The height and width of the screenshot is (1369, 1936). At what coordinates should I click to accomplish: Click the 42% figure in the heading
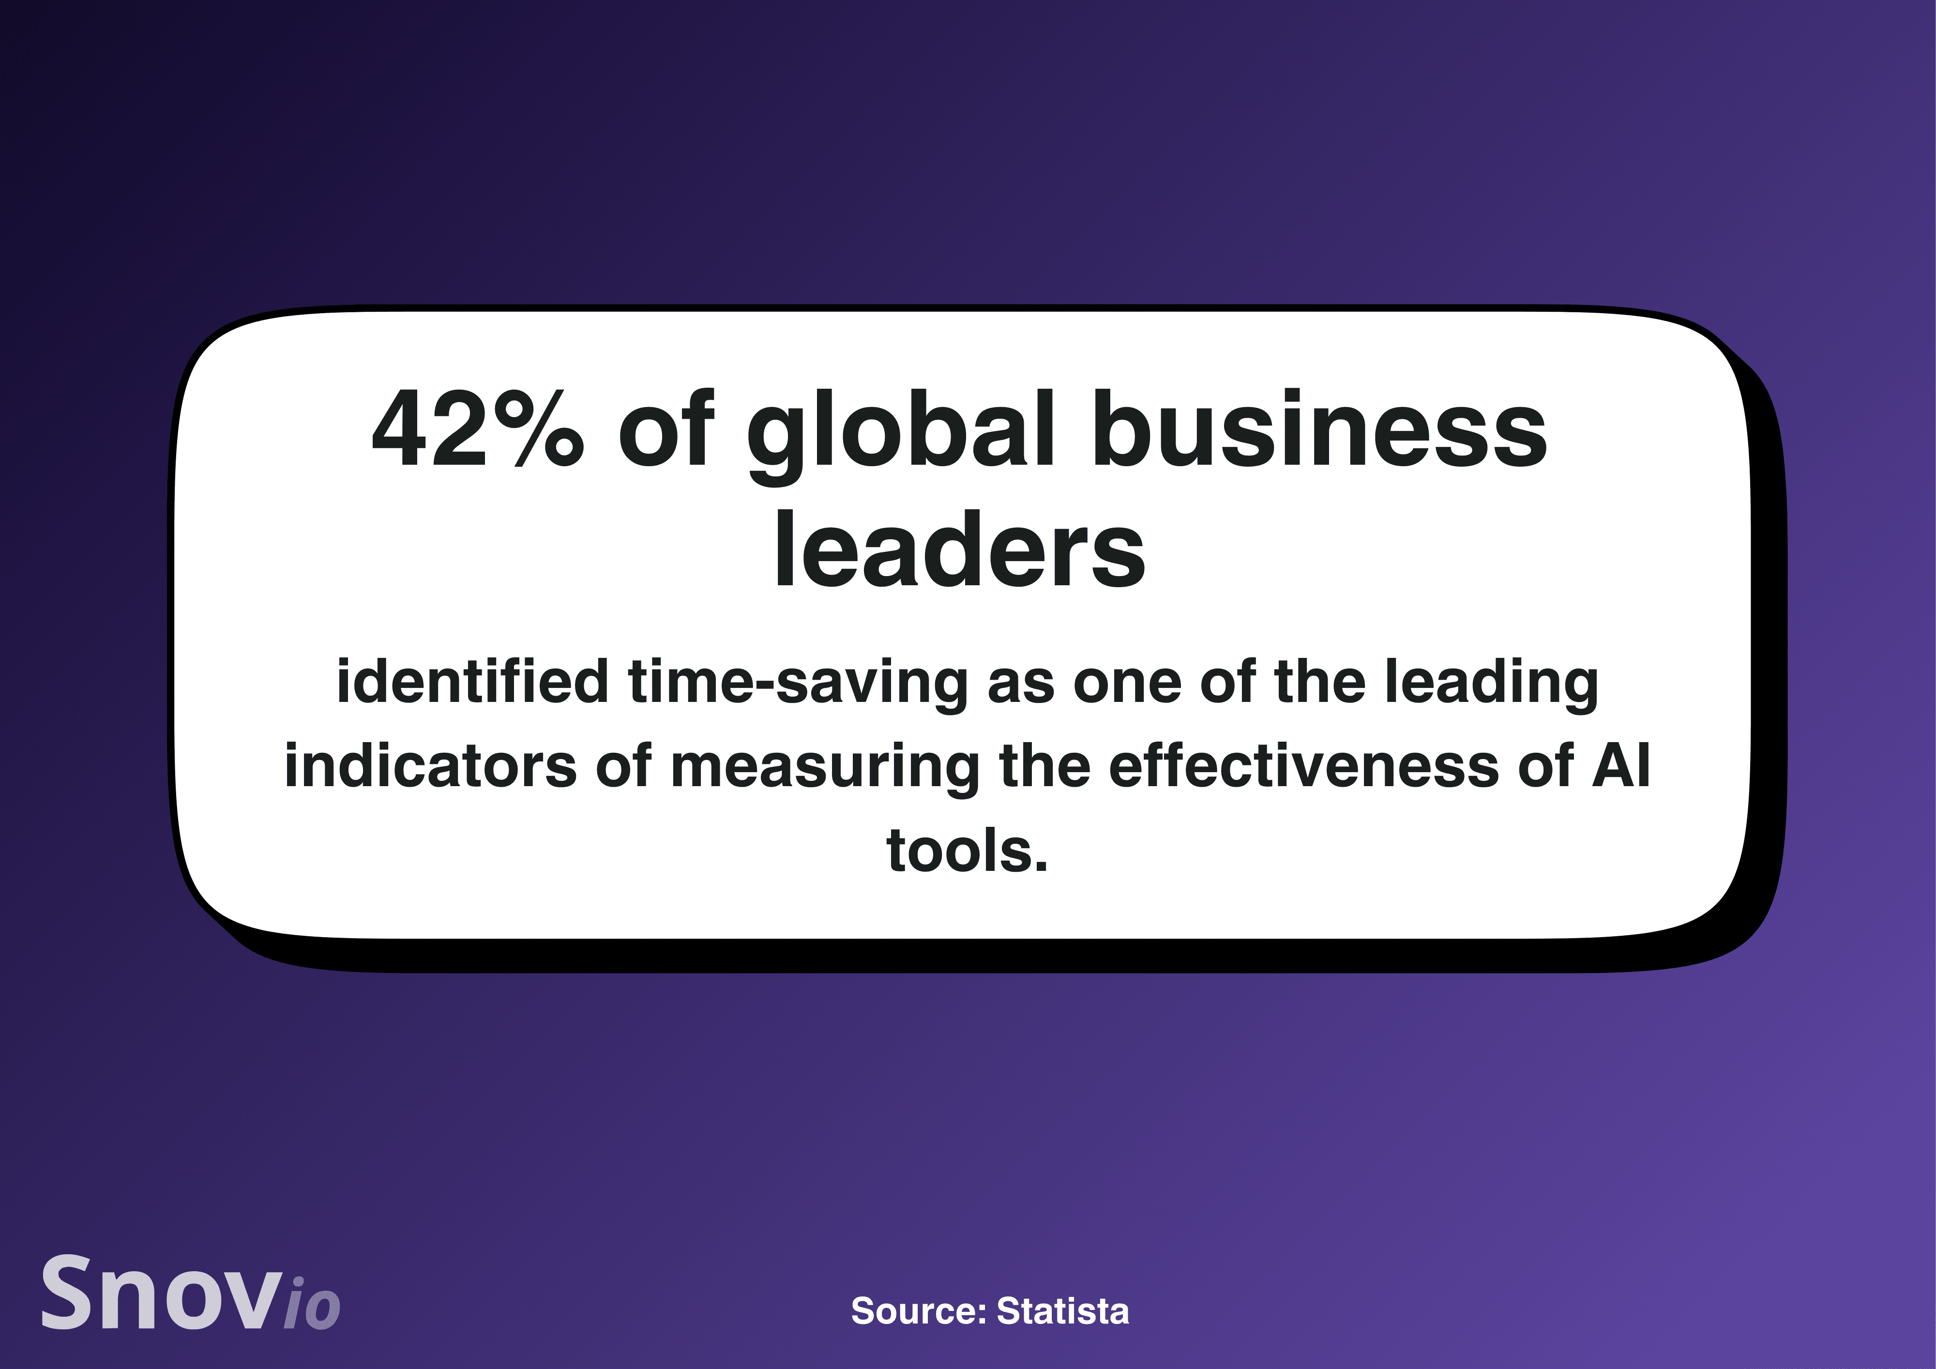[x=477, y=428]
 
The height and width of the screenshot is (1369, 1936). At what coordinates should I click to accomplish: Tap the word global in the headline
[x=901, y=434]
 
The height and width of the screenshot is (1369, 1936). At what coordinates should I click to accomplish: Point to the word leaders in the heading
[x=960, y=548]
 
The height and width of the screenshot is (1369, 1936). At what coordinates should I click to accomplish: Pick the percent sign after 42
[x=538, y=428]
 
